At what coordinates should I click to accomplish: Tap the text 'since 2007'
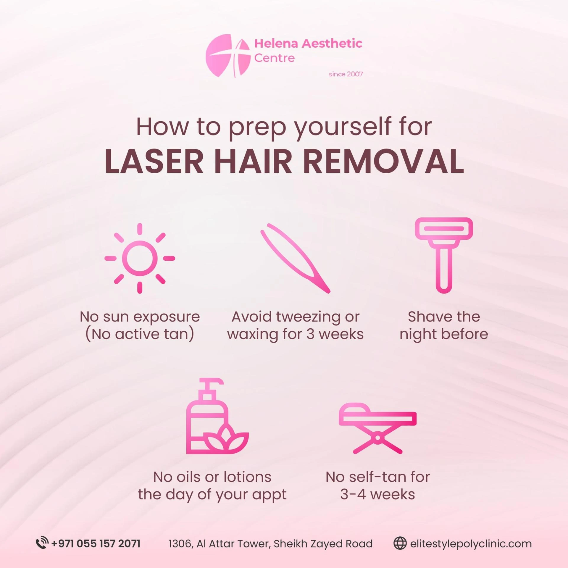346,74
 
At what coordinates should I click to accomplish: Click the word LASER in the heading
154,162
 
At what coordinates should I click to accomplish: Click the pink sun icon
140,258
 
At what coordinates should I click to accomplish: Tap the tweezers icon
295,258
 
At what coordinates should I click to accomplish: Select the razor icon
444,255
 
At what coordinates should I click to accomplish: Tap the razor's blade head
444,229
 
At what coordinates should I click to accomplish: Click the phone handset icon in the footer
42,544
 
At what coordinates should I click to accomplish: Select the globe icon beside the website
400,544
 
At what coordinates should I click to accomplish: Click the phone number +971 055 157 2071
96,544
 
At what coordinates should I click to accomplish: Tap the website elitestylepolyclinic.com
471,544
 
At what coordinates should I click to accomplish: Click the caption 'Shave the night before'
444,325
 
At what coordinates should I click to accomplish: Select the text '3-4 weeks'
377,494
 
